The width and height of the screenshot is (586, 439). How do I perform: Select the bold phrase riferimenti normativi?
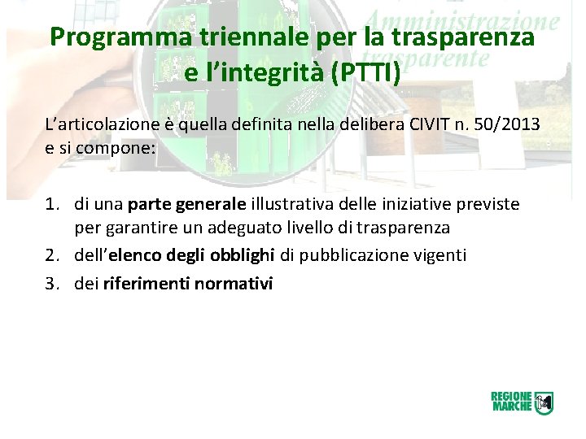188,284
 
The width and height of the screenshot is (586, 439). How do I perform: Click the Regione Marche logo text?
511,402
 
